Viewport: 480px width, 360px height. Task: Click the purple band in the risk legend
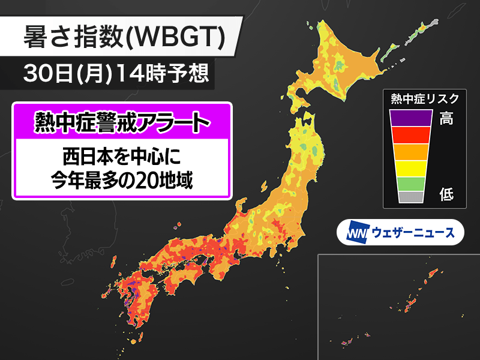(x=411, y=118)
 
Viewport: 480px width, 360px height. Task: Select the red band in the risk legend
(x=411, y=135)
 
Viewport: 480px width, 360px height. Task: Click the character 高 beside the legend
(x=446, y=119)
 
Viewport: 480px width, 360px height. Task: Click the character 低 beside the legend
(x=446, y=194)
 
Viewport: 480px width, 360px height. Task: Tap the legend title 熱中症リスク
(x=424, y=98)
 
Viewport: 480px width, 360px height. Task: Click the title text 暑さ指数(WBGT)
(x=124, y=38)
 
